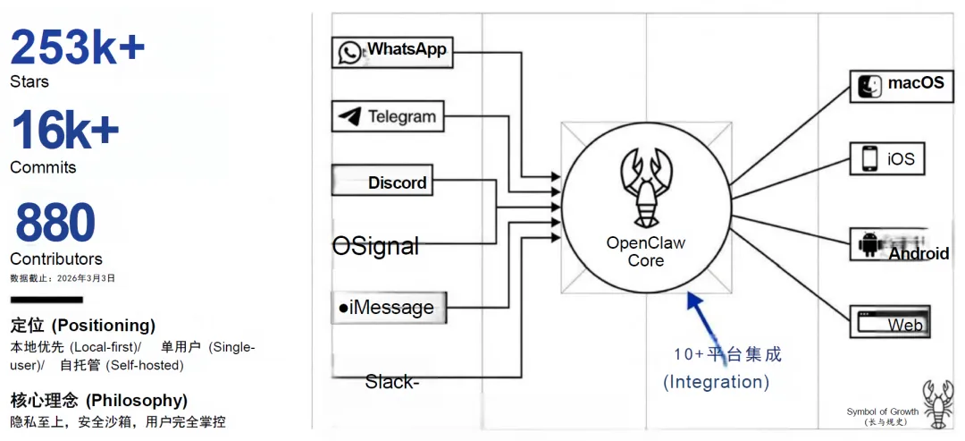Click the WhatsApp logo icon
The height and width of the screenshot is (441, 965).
click(x=349, y=52)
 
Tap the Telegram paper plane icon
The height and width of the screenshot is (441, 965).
click(x=350, y=116)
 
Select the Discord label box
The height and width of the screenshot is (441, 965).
click(x=382, y=182)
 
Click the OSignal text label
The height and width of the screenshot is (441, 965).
click(x=375, y=246)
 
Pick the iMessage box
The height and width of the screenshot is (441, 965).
click(x=388, y=308)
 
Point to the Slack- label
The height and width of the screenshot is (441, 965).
click(x=391, y=382)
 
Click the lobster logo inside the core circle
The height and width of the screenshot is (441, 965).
click(x=645, y=188)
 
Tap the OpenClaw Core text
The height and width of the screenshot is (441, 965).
click(x=645, y=251)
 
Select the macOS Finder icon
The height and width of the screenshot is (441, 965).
click(x=869, y=84)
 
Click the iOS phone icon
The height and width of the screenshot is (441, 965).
click(x=869, y=158)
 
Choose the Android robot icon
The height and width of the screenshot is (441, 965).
click(x=868, y=244)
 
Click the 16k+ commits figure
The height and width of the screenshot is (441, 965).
click(x=64, y=131)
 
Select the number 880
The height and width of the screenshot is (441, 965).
click(x=55, y=223)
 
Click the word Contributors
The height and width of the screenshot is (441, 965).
click(x=56, y=259)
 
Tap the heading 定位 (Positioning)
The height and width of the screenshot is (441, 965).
click(x=82, y=325)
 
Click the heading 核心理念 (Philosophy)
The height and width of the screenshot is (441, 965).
click(x=98, y=400)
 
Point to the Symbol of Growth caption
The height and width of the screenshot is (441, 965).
click(x=882, y=412)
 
